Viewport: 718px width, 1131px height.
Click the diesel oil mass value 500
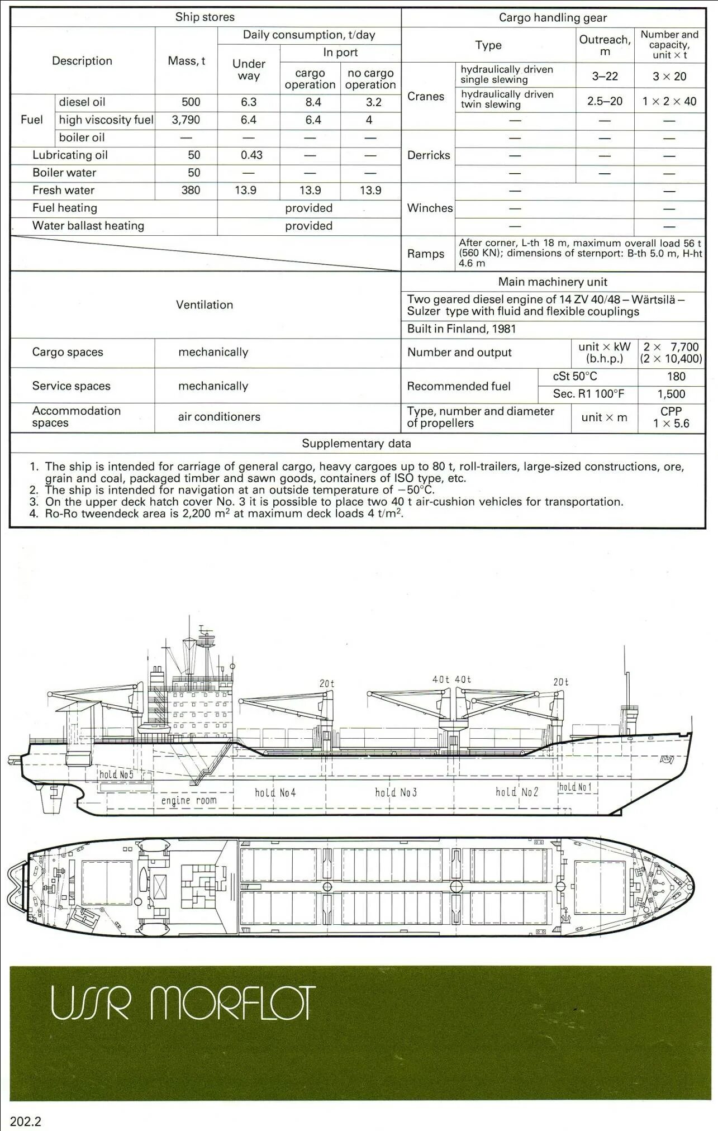point(191,102)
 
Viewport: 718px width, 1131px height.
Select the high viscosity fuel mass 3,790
point(186,120)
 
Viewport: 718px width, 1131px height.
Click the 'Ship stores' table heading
point(205,17)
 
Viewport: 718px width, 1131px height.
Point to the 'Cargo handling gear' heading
point(553,17)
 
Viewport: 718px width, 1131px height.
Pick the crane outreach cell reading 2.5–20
point(605,101)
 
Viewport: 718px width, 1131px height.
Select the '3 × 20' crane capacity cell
point(669,77)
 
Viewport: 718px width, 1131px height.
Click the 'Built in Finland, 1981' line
point(462,329)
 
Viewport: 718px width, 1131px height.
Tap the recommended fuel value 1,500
point(671,394)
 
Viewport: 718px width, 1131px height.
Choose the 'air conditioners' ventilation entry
point(219,417)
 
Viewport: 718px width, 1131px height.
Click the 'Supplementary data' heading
point(356,444)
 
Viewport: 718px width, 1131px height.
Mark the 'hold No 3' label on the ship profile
point(396,792)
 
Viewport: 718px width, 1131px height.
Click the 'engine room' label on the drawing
point(189,801)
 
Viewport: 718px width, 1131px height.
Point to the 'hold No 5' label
point(117,774)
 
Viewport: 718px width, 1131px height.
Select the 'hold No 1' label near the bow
point(575,787)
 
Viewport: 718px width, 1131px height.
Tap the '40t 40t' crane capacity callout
point(451,679)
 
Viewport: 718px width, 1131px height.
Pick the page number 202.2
point(26,1121)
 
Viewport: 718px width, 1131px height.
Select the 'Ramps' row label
point(426,254)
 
